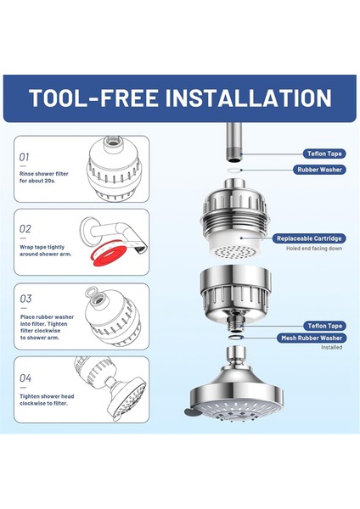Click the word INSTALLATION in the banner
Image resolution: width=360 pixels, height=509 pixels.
pos(249,98)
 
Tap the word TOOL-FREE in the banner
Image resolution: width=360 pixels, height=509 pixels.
pos(93,98)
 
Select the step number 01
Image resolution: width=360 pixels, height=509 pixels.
pos(24,157)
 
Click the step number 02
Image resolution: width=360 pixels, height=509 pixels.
pos(25,229)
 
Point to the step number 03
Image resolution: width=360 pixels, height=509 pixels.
pos(25,299)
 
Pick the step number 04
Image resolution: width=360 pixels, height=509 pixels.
pos(25,378)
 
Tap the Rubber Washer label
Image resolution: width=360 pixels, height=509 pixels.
pos(319,170)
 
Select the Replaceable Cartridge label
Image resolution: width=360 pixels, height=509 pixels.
pos(309,238)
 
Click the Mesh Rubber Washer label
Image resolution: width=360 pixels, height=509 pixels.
pos(312,338)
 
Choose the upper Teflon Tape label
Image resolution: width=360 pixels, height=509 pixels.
pos(324,154)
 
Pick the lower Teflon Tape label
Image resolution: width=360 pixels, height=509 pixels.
pos(325,326)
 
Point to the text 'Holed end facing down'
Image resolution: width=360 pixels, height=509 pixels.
pos(314,249)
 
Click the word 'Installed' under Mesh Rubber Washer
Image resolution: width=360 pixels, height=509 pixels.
pos(331,347)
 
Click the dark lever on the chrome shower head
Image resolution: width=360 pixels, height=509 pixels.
pos(191,411)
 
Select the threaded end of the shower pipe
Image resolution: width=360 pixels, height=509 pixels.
pos(233,157)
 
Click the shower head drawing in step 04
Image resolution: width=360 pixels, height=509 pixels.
pos(127,397)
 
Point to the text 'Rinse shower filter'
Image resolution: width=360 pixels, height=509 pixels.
pos(44,174)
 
